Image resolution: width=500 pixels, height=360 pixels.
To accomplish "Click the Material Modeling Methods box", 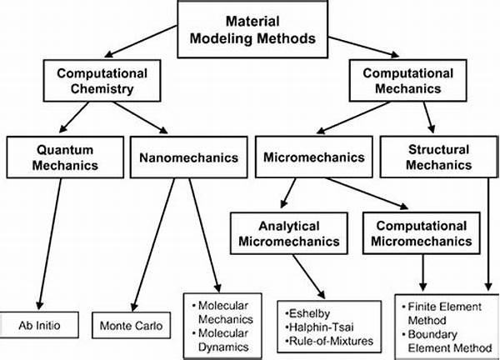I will click(x=250, y=31).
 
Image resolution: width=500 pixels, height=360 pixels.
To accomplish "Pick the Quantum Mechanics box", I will click(x=63, y=157).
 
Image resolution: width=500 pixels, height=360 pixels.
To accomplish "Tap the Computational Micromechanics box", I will click(x=416, y=233).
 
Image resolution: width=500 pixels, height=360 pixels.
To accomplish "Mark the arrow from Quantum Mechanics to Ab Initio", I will click(x=50, y=242).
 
